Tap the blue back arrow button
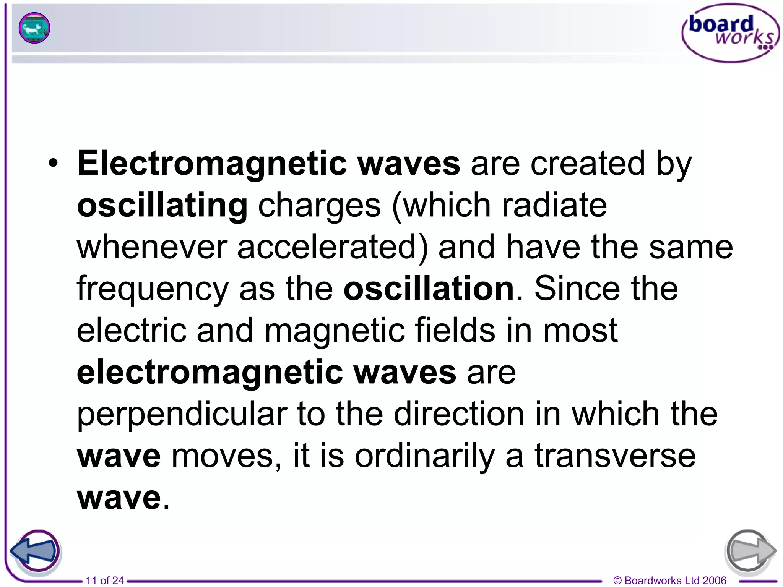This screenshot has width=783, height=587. tap(35, 551)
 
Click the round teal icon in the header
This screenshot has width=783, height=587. tap(34, 28)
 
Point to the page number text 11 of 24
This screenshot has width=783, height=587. tap(105, 581)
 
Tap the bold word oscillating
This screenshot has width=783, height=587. tap(162, 206)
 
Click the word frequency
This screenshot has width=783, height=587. tap(153, 289)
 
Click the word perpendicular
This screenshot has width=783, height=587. tap(182, 415)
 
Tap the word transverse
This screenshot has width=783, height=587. tap(615, 456)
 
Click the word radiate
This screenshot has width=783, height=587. tap(554, 206)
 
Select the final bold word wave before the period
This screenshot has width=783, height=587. tap(119, 498)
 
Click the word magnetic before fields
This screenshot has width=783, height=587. tap(335, 331)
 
